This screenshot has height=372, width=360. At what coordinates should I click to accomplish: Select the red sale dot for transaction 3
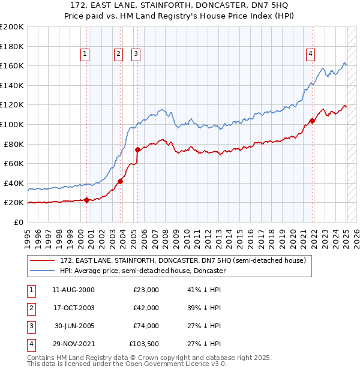137,149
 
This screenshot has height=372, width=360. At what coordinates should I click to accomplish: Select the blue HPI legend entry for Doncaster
142,271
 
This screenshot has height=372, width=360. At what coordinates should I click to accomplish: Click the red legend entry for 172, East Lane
183,260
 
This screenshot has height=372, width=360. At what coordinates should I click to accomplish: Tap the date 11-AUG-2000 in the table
73,290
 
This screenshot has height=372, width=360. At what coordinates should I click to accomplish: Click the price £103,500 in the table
144,344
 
